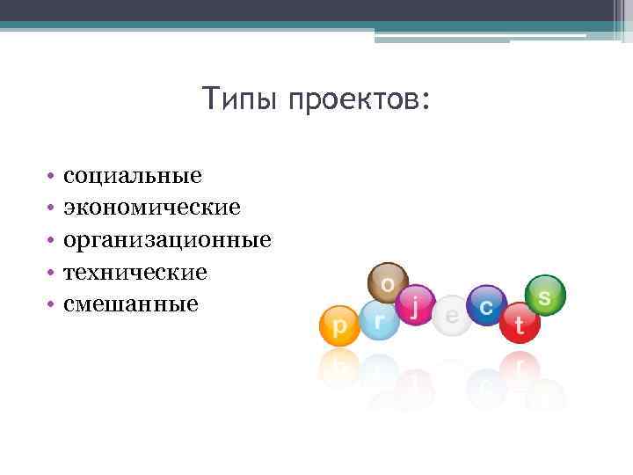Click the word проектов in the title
(x=356, y=100)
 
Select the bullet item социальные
(x=132, y=175)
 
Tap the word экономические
(x=151, y=208)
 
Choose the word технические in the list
(x=135, y=272)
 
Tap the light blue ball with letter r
(x=379, y=321)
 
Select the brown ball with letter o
(x=387, y=283)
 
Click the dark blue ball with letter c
(x=485, y=304)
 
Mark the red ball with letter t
(x=520, y=325)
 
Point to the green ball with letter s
(x=545, y=296)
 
